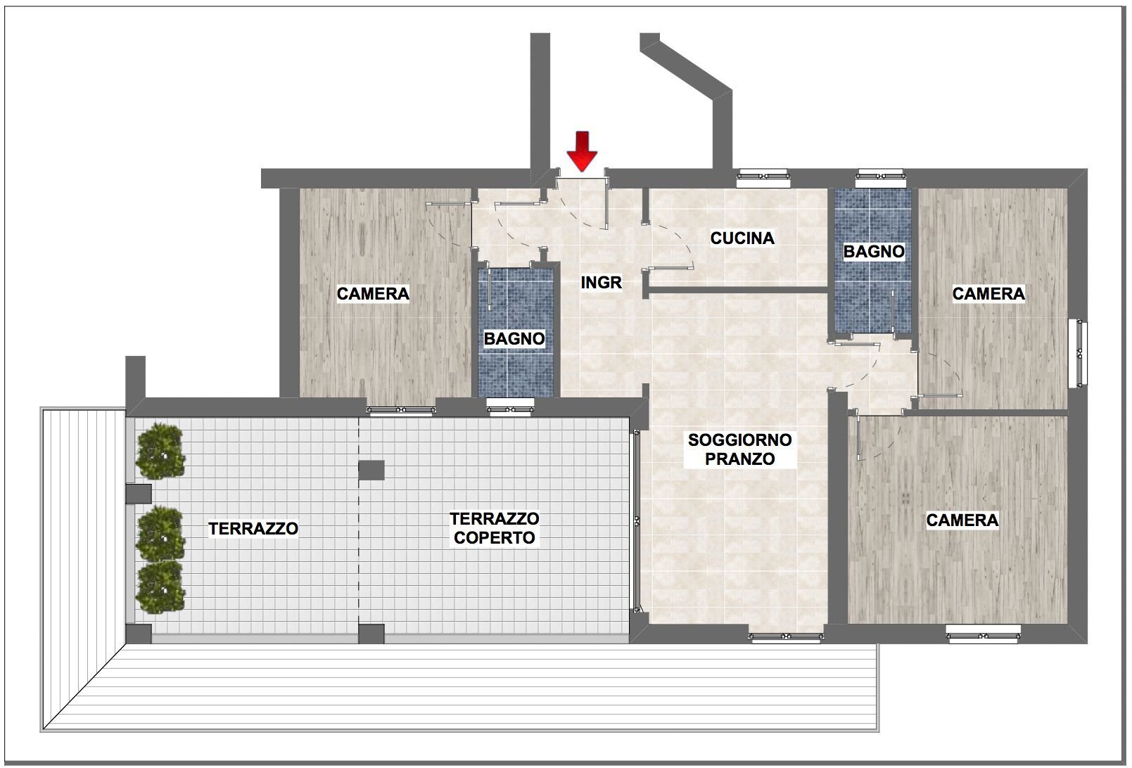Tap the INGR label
point(602,283)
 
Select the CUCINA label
point(742,238)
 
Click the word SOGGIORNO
point(739,440)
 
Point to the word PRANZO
point(739,459)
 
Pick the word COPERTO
point(495,538)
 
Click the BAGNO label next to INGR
point(514,339)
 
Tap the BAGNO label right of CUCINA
point(874,251)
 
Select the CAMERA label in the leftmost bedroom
point(373,294)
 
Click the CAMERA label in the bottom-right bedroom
point(962,520)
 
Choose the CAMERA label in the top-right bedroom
point(988,293)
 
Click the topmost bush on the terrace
point(162,451)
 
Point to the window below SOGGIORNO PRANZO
point(785,637)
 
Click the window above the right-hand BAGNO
point(879,176)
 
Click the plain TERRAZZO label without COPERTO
point(253,529)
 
